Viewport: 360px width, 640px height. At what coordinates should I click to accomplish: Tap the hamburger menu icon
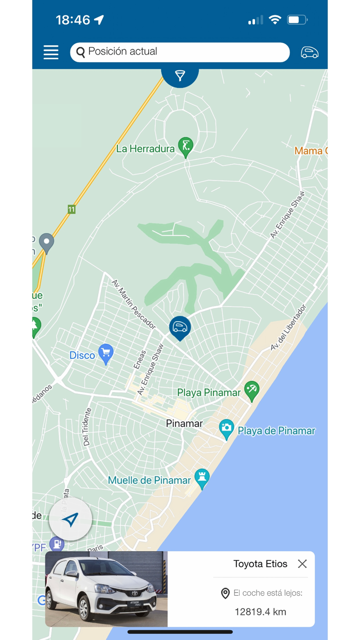pyautogui.click(x=51, y=52)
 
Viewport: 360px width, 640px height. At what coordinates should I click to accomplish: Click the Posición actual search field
pyautogui.click(x=179, y=52)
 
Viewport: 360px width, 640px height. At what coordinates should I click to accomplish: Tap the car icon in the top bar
pyautogui.click(x=309, y=52)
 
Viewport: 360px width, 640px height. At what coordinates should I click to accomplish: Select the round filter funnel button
pyautogui.click(x=180, y=76)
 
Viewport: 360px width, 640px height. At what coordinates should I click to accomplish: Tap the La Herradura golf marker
pyautogui.click(x=185, y=146)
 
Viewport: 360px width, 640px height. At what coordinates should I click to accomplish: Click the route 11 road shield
pyautogui.click(x=71, y=209)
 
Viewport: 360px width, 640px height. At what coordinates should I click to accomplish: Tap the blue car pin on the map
pyautogui.click(x=179, y=327)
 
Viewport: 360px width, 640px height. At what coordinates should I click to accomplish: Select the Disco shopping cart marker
pyautogui.click(x=106, y=353)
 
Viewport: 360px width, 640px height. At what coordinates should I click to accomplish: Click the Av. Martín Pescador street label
pyautogui.click(x=134, y=304)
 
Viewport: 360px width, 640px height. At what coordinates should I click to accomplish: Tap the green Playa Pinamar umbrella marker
pyautogui.click(x=251, y=390)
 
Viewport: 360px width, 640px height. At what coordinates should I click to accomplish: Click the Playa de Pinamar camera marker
pyautogui.click(x=226, y=429)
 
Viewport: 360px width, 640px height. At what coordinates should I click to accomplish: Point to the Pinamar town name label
pyautogui.click(x=184, y=423)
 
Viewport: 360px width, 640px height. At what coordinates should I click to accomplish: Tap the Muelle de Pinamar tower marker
pyautogui.click(x=202, y=478)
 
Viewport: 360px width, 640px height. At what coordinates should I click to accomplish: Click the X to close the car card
pyautogui.click(x=302, y=564)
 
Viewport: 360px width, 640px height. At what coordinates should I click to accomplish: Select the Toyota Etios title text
pyautogui.click(x=260, y=564)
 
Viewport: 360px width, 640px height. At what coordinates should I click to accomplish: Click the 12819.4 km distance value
pyautogui.click(x=260, y=612)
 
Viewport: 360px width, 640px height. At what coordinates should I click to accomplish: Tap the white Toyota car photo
pyautogui.click(x=106, y=589)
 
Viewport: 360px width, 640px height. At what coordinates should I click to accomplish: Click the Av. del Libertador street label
pyautogui.click(x=289, y=328)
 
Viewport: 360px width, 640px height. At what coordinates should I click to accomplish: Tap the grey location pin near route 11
pyautogui.click(x=47, y=242)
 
